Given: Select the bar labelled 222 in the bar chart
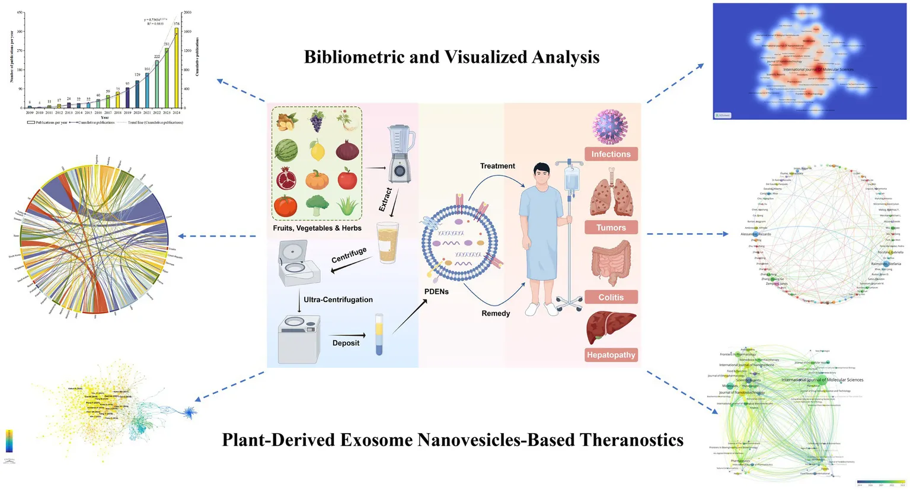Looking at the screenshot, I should click(x=157, y=84).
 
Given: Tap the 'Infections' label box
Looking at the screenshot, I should click(x=611, y=154).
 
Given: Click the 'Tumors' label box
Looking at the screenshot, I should click(x=611, y=228).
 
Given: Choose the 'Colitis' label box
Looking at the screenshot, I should click(x=611, y=297).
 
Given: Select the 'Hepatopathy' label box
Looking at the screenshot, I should click(x=611, y=355).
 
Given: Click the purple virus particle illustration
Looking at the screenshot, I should click(x=610, y=127).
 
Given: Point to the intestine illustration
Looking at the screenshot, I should click(x=611, y=263).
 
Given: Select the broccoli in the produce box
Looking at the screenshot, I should click(x=317, y=205).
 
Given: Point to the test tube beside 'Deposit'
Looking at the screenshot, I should click(x=379, y=335).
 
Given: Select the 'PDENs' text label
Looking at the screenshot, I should click(x=436, y=291).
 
